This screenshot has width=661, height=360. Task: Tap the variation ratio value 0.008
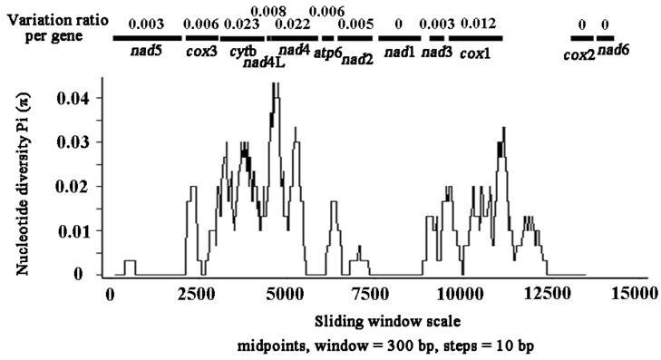pos(262,10)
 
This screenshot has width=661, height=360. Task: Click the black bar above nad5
pos(146,39)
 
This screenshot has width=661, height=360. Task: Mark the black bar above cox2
pos(580,39)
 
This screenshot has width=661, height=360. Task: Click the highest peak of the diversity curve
pos(274,84)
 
